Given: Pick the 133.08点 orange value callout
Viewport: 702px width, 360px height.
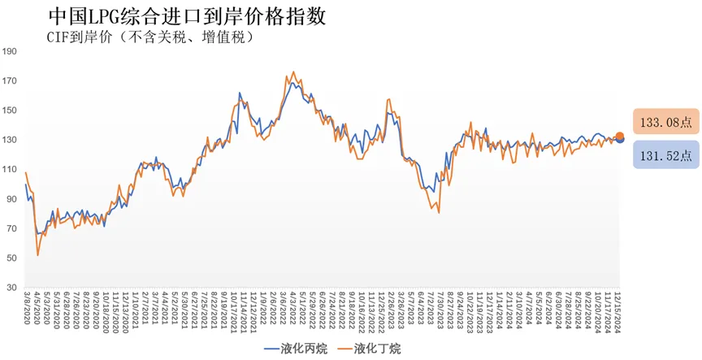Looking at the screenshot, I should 665,123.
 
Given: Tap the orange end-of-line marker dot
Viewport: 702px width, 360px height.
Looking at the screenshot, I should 619,137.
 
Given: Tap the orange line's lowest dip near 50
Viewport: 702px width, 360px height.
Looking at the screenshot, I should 38,255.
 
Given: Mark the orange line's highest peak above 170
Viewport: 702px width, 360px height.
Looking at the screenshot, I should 293,72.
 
